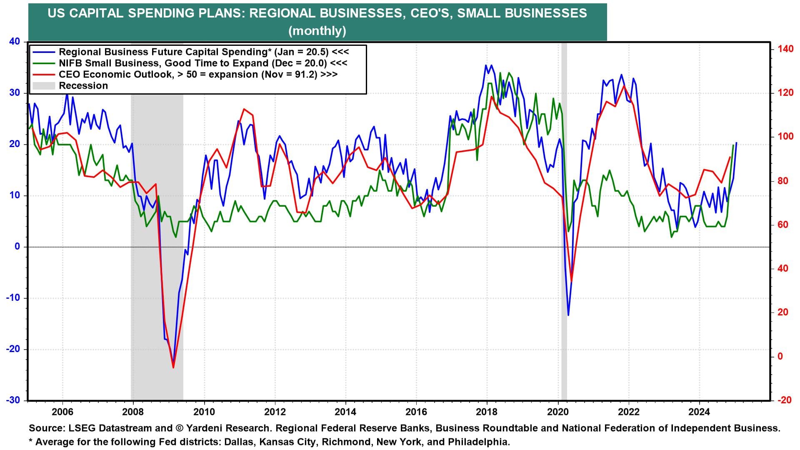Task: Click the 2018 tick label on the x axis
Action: point(487,412)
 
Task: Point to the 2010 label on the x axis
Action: point(204,412)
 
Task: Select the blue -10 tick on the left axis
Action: point(13,298)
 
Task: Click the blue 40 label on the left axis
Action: point(15,41)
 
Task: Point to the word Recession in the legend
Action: point(83,86)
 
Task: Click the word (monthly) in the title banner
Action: point(317,31)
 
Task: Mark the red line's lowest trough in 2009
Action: point(173,367)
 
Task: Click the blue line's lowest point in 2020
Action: point(568,315)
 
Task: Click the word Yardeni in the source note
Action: point(206,428)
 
